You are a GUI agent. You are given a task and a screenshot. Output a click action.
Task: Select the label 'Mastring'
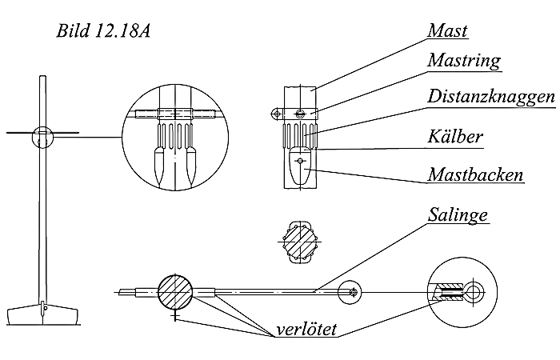click(x=464, y=60)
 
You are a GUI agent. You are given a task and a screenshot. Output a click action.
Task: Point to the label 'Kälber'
click(x=454, y=137)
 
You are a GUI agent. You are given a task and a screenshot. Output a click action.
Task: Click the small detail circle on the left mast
click(x=42, y=138)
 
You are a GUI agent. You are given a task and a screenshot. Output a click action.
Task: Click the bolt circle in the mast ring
click(x=301, y=112)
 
